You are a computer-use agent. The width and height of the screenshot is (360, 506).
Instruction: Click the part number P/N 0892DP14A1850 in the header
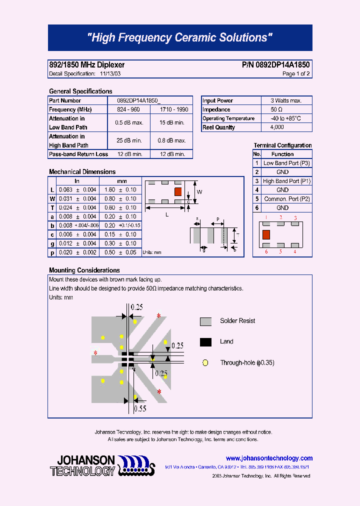275,65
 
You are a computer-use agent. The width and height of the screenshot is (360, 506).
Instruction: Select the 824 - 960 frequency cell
128,109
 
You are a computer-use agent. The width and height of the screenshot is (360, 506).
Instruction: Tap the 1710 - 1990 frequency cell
174,109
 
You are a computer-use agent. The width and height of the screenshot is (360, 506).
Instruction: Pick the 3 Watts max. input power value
286,100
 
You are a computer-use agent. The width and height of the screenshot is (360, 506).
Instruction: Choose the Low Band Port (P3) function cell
286,163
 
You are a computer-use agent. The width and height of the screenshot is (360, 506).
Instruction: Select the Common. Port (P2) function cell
286,199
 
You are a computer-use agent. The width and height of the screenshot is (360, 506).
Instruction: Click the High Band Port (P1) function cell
286,181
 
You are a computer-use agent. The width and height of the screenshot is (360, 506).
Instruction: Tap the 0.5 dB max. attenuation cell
129,123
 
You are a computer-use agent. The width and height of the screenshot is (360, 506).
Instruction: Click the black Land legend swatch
205,342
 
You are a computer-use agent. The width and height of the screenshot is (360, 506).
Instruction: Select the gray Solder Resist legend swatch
205,321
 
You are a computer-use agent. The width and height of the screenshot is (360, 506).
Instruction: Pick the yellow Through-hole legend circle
205,363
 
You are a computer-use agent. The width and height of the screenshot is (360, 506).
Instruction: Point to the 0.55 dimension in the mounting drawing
140,408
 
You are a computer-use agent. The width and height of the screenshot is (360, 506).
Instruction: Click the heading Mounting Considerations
84,270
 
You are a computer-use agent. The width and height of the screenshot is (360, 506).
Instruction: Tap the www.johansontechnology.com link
269,458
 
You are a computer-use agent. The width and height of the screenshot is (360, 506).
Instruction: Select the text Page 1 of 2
296,74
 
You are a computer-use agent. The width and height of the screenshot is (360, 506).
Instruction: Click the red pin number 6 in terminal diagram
266,251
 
